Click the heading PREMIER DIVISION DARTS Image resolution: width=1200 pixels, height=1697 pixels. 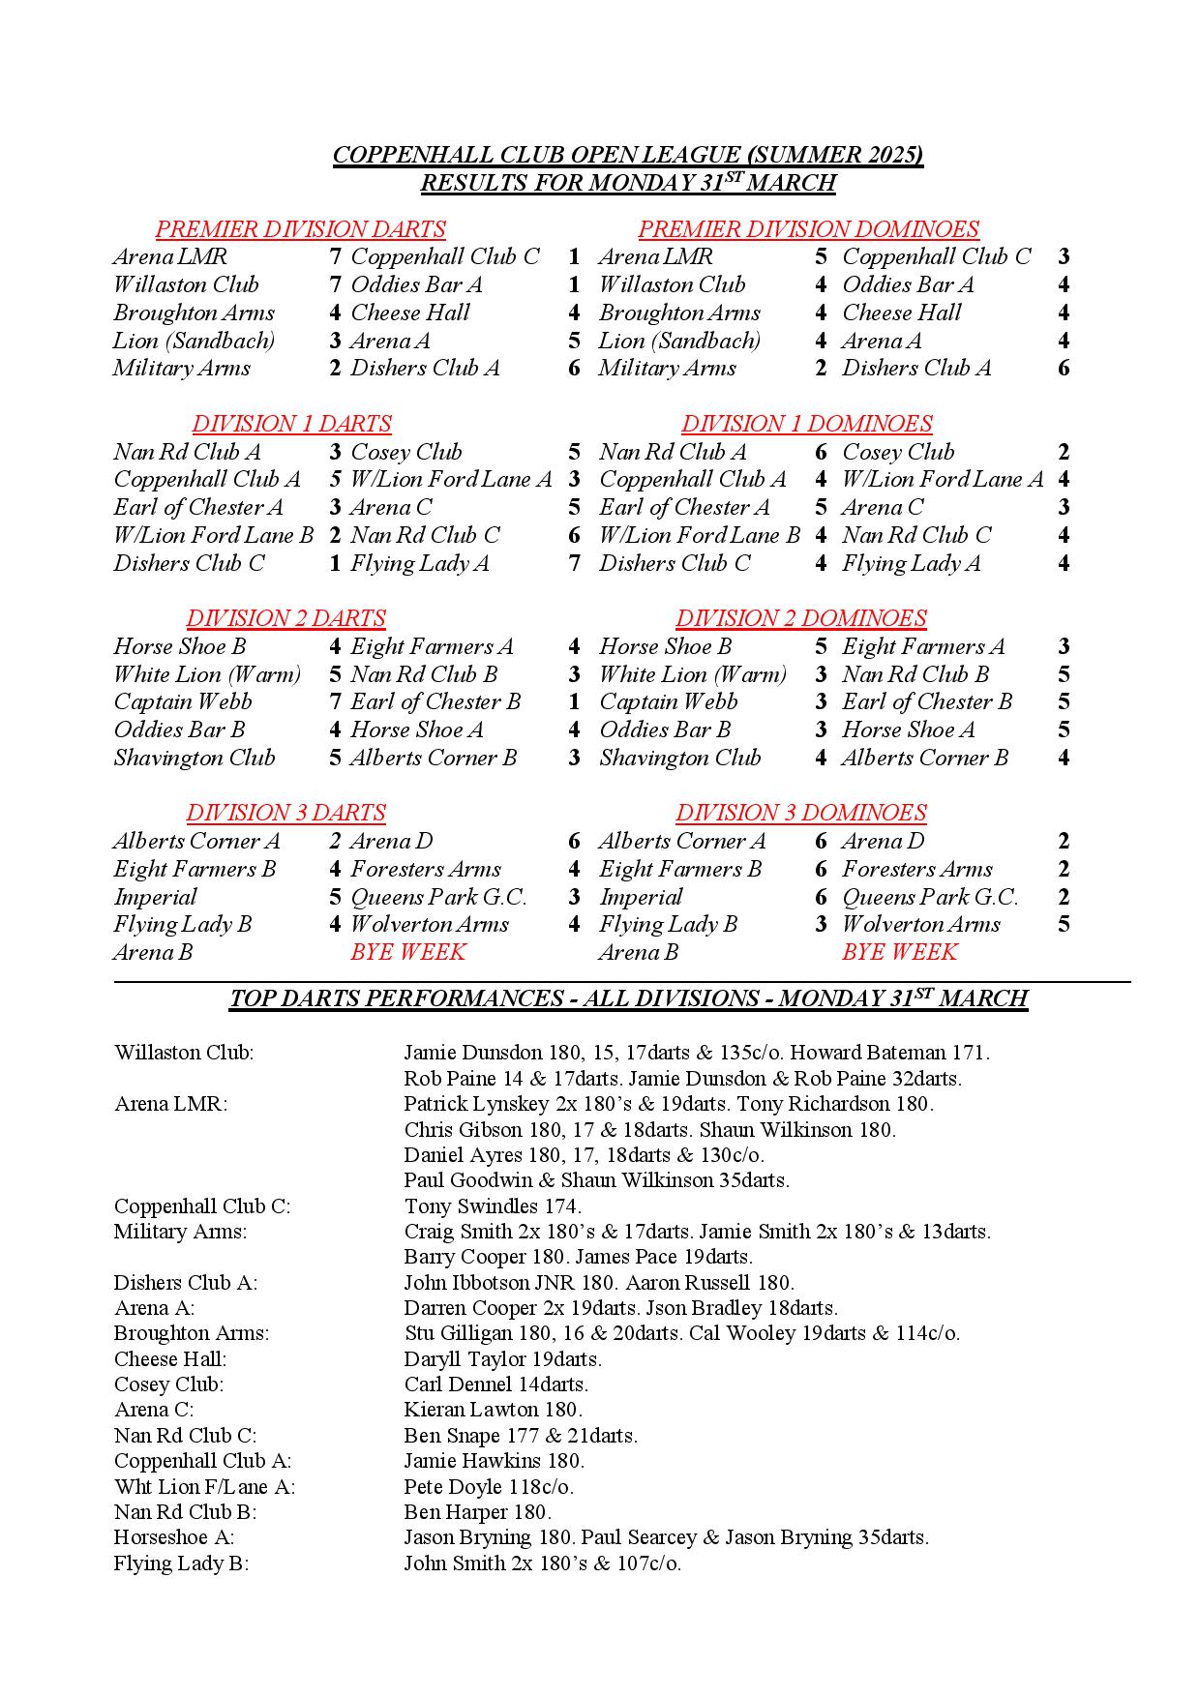(x=300, y=229)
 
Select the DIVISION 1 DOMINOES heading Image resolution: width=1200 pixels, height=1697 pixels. (x=806, y=424)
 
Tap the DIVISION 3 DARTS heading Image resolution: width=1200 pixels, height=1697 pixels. (x=285, y=813)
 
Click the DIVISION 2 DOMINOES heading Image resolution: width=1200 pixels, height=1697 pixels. (x=800, y=618)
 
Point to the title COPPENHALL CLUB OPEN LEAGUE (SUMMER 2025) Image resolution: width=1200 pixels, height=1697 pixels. (x=627, y=155)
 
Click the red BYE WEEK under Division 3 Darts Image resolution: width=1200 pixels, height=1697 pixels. (x=407, y=952)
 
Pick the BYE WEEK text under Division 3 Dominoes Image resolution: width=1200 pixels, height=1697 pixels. (x=899, y=952)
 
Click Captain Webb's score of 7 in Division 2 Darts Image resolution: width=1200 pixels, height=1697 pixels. (x=335, y=702)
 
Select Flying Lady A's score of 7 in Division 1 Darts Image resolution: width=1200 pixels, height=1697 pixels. (x=574, y=563)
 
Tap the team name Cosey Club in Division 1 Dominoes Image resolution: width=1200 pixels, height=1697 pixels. (x=898, y=452)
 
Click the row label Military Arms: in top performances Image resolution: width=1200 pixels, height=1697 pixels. (x=180, y=1232)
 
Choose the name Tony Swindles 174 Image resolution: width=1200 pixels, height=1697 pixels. (x=493, y=1206)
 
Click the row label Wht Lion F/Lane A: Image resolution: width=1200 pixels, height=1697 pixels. (x=204, y=1486)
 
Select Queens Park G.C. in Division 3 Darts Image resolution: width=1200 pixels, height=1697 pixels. (x=438, y=897)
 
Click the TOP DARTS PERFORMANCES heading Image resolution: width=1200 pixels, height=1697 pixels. (x=628, y=998)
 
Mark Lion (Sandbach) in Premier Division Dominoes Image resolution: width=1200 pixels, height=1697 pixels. (x=679, y=341)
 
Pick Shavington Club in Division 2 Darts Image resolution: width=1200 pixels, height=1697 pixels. (x=195, y=758)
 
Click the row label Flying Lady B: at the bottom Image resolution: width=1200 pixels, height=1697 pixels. (x=181, y=1563)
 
